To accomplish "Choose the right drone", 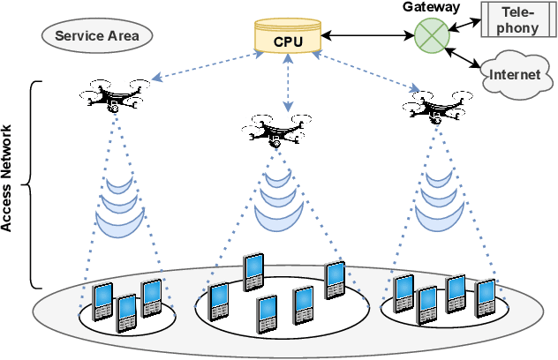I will coord(434,108).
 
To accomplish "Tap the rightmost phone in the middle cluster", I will coord(335,278).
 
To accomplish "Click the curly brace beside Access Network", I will coord(34,185).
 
